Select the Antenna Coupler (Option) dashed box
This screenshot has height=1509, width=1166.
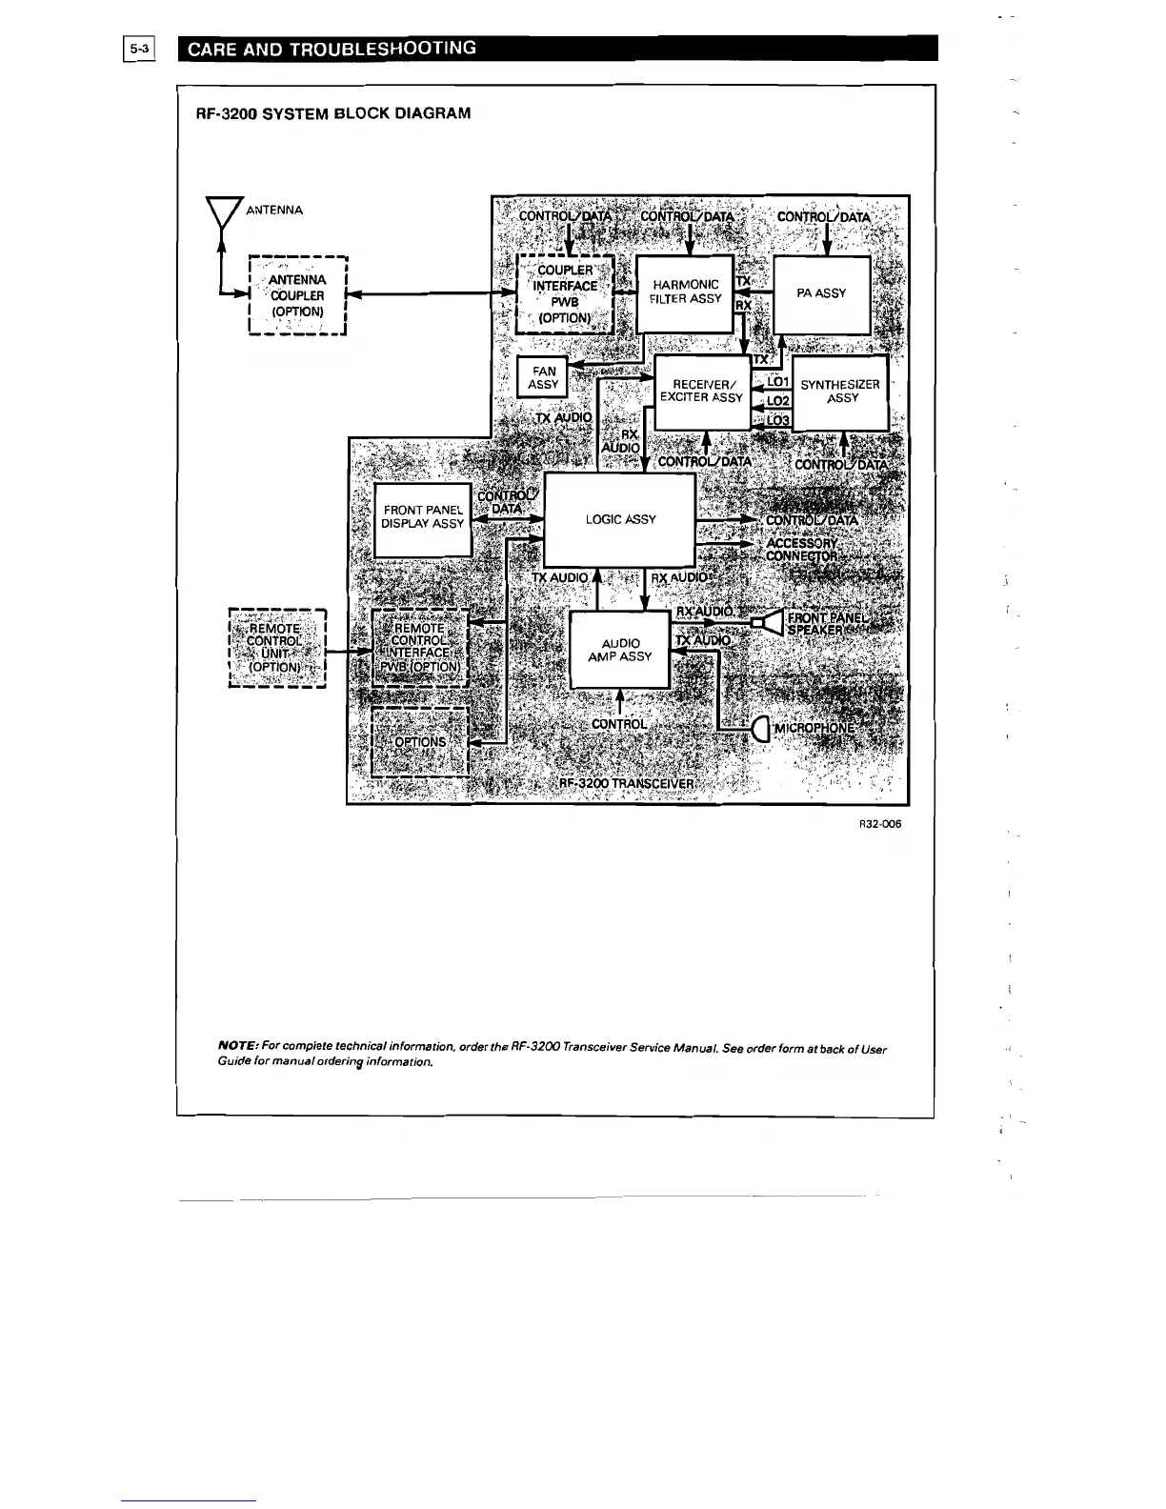tap(297, 295)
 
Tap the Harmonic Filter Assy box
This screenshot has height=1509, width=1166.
tap(685, 292)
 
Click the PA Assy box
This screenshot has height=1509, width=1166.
tap(822, 293)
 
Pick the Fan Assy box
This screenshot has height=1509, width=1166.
tap(543, 378)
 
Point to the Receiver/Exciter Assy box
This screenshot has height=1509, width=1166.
tap(701, 392)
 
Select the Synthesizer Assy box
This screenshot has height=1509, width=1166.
tap(841, 392)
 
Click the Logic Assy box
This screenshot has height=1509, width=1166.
tap(620, 519)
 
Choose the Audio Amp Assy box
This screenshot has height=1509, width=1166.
tap(620, 650)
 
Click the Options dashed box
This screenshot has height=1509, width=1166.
tap(420, 742)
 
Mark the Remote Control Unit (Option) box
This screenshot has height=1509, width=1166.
tap(277, 648)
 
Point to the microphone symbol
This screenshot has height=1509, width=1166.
tap(760, 730)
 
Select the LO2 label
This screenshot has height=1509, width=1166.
tap(778, 401)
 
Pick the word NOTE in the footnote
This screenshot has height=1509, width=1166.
tap(234, 1049)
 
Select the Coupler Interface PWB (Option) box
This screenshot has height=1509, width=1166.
tap(565, 293)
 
